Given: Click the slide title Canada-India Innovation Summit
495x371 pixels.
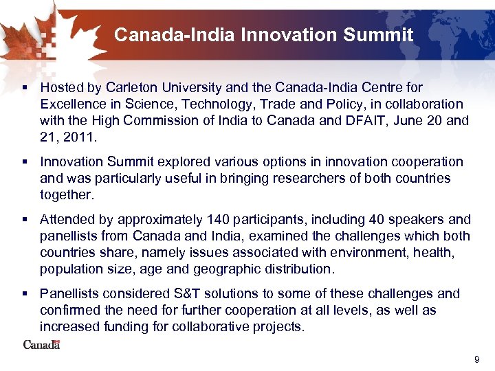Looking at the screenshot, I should tap(263, 34).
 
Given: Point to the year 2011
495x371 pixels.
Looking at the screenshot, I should tap(80, 137).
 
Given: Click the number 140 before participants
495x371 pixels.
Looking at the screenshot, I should tap(213, 220).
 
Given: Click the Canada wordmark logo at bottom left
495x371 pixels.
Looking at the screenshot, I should tap(42, 344).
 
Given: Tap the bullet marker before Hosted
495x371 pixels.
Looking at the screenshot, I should tap(25, 89).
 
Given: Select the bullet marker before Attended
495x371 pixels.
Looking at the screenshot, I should tap(25, 221).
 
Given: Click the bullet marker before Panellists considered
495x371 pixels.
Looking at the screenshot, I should tap(25, 295).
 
